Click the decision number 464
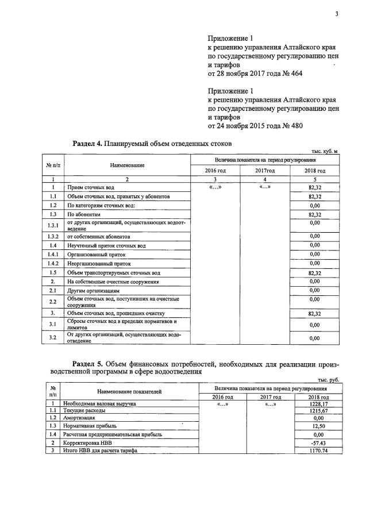pyautogui.click(x=295, y=74)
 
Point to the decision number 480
pyautogui.click(x=294, y=126)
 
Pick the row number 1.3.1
pyautogui.click(x=53, y=225)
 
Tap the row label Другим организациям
pyautogui.click(x=94, y=291)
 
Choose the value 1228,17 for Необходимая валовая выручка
pyautogui.click(x=317, y=404)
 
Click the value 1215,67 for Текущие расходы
pyautogui.click(x=317, y=411)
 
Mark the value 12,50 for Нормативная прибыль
pyautogui.click(x=318, y=426)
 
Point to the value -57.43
pyautogui.click(x=318, y=444)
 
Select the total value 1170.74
pyautogui.click(x=317, y=452)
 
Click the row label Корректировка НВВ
pyautogui.click(x=91, y=444)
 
